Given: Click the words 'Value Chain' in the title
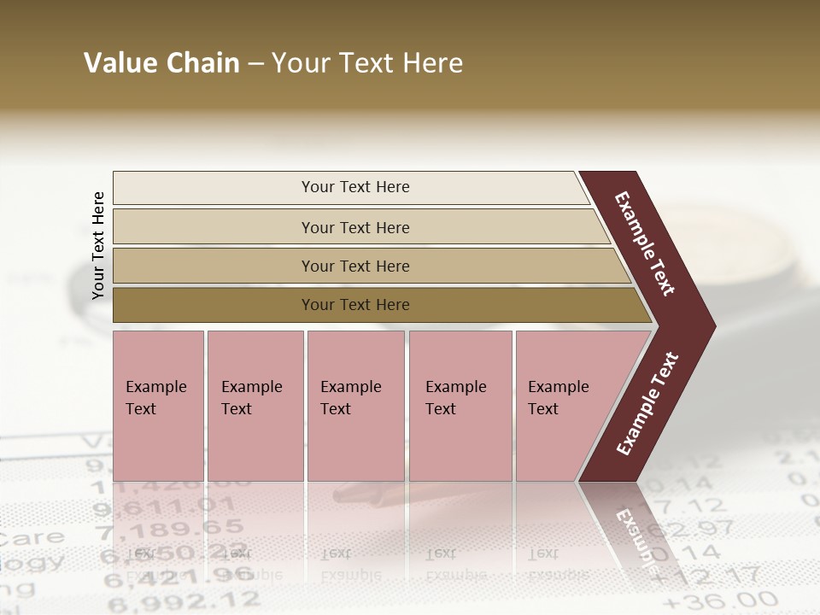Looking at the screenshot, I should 161,63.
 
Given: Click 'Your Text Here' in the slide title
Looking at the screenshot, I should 367,63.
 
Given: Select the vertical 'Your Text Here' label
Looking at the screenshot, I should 98,246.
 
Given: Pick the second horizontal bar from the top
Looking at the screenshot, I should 354,227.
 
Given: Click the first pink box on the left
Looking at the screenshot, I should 158,406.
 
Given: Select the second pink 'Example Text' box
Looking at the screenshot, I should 255,406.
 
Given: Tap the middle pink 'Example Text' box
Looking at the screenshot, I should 355,406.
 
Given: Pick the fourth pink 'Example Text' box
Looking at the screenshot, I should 460,406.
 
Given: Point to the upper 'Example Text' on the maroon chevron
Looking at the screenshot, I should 645,243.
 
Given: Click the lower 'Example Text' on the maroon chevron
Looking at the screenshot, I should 647,404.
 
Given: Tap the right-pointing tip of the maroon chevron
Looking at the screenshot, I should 709,326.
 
